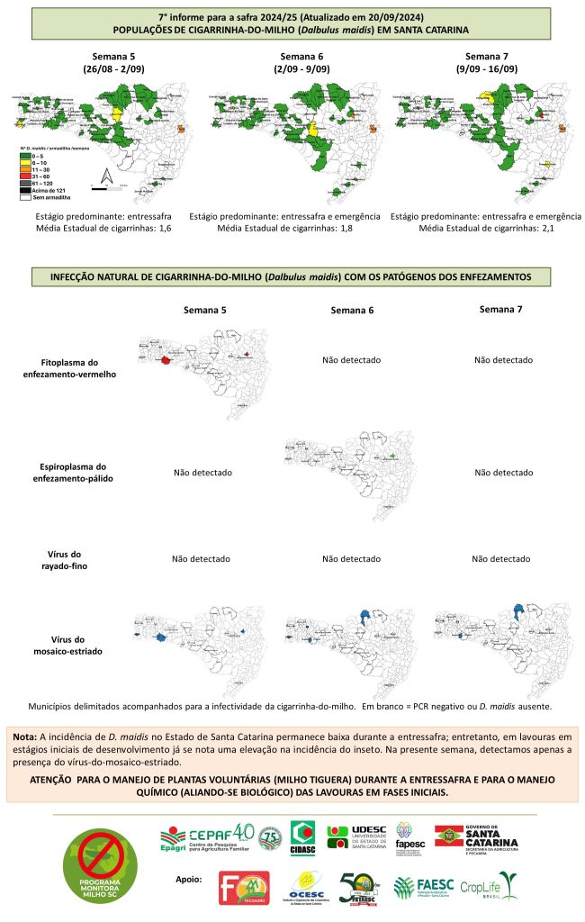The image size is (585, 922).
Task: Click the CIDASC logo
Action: click(301, 836)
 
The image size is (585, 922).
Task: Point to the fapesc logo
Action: click(409, 836)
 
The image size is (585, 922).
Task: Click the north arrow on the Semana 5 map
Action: click(105, 176)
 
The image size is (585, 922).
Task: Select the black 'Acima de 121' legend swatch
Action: click(25, 190)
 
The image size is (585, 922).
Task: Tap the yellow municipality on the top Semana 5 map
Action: click(118, 114)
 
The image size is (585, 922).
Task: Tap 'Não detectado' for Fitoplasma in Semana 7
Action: click(503, 360)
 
